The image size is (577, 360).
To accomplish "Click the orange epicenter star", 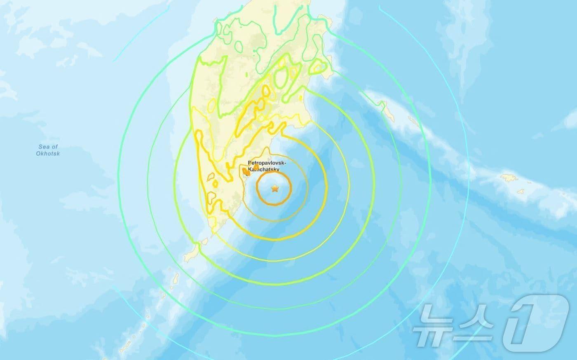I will pos(274,189).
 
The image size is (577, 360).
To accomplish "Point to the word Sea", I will pos(44,147).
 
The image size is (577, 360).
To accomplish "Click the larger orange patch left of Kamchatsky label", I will pos(245,171).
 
